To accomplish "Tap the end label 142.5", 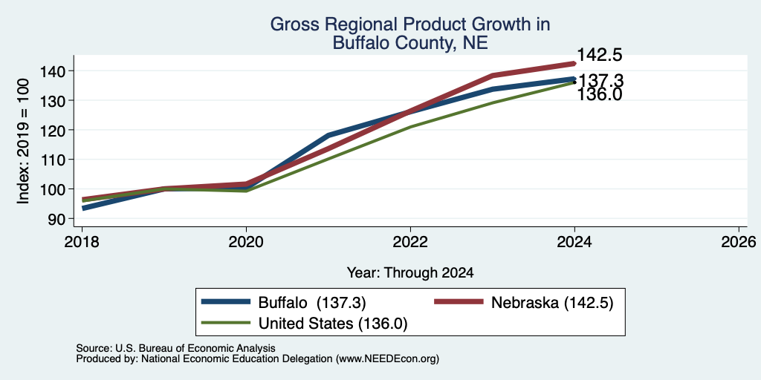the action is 600,55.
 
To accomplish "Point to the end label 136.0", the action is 600,94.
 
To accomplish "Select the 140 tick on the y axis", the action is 59,71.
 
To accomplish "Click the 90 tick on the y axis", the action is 64,219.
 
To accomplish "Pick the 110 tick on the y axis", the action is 59,160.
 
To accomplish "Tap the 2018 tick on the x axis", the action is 82,242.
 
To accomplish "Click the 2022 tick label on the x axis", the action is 410,242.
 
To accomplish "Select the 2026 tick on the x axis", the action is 739,242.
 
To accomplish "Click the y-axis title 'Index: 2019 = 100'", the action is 24,142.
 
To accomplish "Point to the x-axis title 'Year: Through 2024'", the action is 410,273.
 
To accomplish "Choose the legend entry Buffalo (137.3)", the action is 284,303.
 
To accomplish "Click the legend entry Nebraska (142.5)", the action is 524,303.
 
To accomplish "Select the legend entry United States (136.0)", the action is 304,324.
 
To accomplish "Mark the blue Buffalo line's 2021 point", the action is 328,135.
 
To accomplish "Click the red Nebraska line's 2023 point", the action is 493,75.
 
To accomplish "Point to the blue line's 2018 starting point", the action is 82,209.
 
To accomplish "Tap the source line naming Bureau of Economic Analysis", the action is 175,348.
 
